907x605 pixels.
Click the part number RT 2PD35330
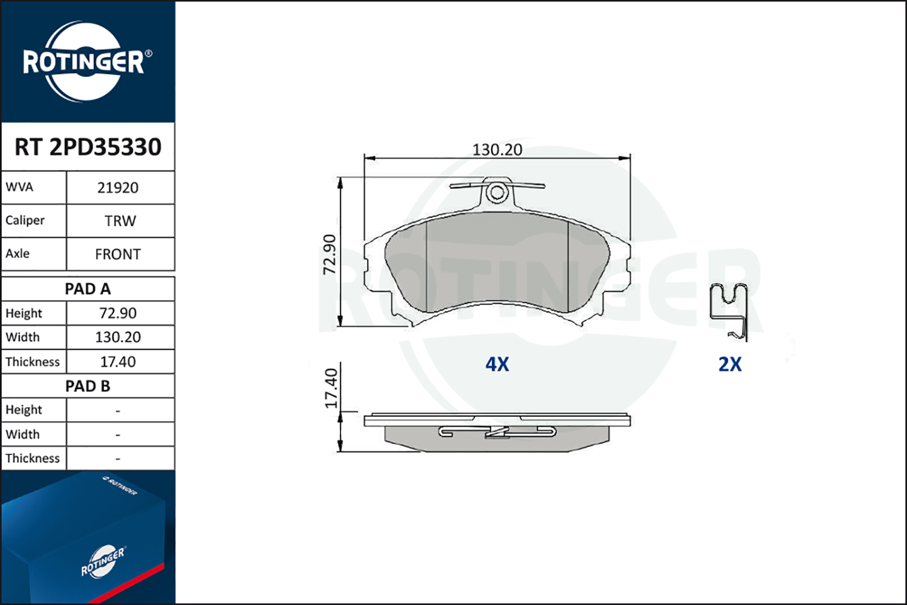click(x=88, y=146)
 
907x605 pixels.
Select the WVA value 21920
click(x=118, y=188)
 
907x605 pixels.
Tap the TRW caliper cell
click(x=120, y=221)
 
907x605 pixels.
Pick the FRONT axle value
click(x=118, y=254)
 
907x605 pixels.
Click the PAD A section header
click(x=88, y=289)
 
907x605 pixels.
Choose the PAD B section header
click(x=88, y=386)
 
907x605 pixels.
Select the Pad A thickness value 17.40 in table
click(x=118, y=361)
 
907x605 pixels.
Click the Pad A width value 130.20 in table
click(x=118, y=337)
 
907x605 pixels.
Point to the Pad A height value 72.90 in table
click(x=118, y=313)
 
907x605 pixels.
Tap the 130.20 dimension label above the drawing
click(x=497, y=150)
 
